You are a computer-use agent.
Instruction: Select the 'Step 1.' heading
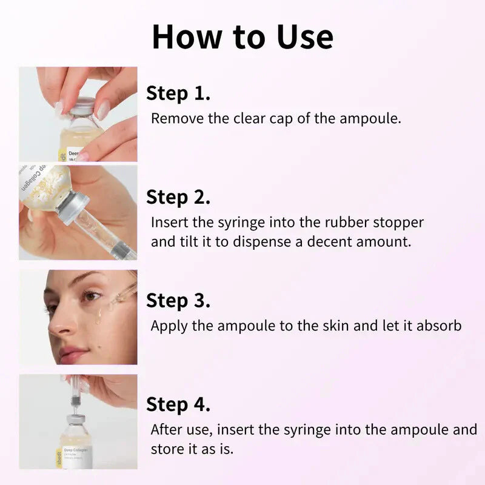click(178, 93)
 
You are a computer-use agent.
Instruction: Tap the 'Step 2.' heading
click(178, 197)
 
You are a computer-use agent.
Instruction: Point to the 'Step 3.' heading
click(178, 301)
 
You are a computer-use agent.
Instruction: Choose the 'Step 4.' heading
click(178, 404)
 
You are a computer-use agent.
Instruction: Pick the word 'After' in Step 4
click(167, 430)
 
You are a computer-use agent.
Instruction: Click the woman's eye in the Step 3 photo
click(91, 296)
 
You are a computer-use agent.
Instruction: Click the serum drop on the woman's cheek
click(98, 316)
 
